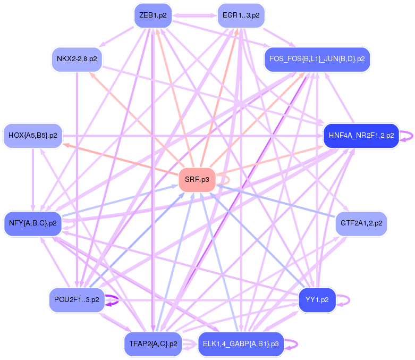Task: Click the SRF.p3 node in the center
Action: (x=197, y=180)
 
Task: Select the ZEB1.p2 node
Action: (x=153, y=15)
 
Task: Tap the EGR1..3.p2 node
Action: (x=241, y=15)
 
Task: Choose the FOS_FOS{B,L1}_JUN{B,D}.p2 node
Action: (x=317, y=58)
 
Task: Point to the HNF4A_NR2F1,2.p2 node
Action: (x=361, y=135)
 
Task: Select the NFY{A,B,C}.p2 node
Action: (x=33, y=222)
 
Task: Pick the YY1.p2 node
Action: (x=317, y=300)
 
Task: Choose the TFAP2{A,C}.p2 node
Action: (x=153, y=344)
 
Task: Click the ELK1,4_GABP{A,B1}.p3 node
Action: (x=241, y=344)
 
